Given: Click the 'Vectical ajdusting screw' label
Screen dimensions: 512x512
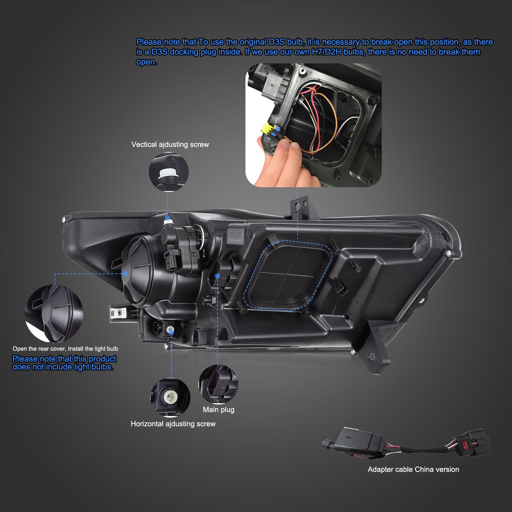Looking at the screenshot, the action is coord(170,145).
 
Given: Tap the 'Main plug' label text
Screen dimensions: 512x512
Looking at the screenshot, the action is coord(219,410).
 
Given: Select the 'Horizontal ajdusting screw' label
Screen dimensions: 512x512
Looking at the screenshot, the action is coord(173,424).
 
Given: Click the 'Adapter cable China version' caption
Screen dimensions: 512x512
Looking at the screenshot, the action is coord(413,469).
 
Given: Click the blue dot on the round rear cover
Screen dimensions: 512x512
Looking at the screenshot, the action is coord(125,273).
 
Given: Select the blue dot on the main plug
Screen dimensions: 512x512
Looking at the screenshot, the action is coord(218,276).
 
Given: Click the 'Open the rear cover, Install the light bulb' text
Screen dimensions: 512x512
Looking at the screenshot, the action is coord(65,349).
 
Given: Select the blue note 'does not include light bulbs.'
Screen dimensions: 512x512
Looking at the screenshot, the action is coord(63,367).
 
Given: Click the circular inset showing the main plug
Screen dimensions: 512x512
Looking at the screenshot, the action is coord(218,384).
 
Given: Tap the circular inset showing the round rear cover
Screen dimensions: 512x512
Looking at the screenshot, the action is coord(54,314).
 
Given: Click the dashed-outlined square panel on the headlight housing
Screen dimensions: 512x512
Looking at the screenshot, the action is coord(287,275).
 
